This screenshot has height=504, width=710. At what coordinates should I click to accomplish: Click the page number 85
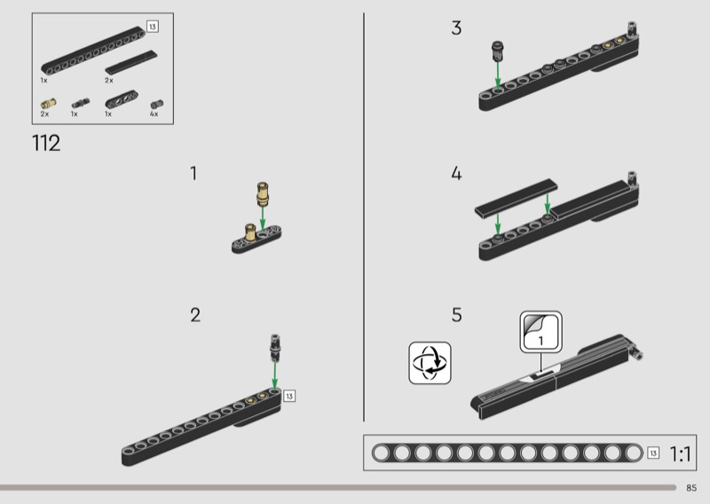(x=691, y=488)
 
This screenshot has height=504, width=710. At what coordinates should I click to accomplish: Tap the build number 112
(x=46, y=143)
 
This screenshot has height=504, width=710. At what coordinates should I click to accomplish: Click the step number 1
(x=193, y=173)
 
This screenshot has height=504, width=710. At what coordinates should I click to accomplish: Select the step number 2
(x=195, y=315)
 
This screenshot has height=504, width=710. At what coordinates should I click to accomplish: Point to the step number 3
(x=456, y=28)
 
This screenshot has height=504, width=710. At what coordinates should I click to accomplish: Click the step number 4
(x=456, y=173)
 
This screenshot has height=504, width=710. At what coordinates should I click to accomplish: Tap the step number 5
(x=457, y=315)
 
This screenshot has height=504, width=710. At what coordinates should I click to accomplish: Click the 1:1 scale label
(x=680, y=453)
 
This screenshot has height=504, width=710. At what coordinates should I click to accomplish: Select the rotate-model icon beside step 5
(x=430, y=363)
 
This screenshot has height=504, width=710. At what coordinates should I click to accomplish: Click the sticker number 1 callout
(x=541, y=332)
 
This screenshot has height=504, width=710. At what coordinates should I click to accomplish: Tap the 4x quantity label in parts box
(x=154, y=114)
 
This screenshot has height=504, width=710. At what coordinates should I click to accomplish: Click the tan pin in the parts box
(x=49, y=104)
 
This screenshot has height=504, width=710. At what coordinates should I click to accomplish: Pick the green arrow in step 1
(x=262, y=219)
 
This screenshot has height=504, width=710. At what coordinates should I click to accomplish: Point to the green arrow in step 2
(x=274, y=375)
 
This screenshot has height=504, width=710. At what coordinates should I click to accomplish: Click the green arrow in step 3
(x=498, y=75)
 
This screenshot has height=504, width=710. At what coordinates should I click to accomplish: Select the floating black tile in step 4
(x=517, y=199)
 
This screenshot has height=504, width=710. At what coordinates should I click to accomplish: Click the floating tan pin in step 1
(x=262, y=193)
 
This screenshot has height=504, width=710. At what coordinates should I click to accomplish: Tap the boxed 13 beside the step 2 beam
(x=289, y=397)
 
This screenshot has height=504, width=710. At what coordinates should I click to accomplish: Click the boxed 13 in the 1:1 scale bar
(x=653, y=453)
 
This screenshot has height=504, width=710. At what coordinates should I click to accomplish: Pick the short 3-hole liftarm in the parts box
(x=122, y=99)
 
